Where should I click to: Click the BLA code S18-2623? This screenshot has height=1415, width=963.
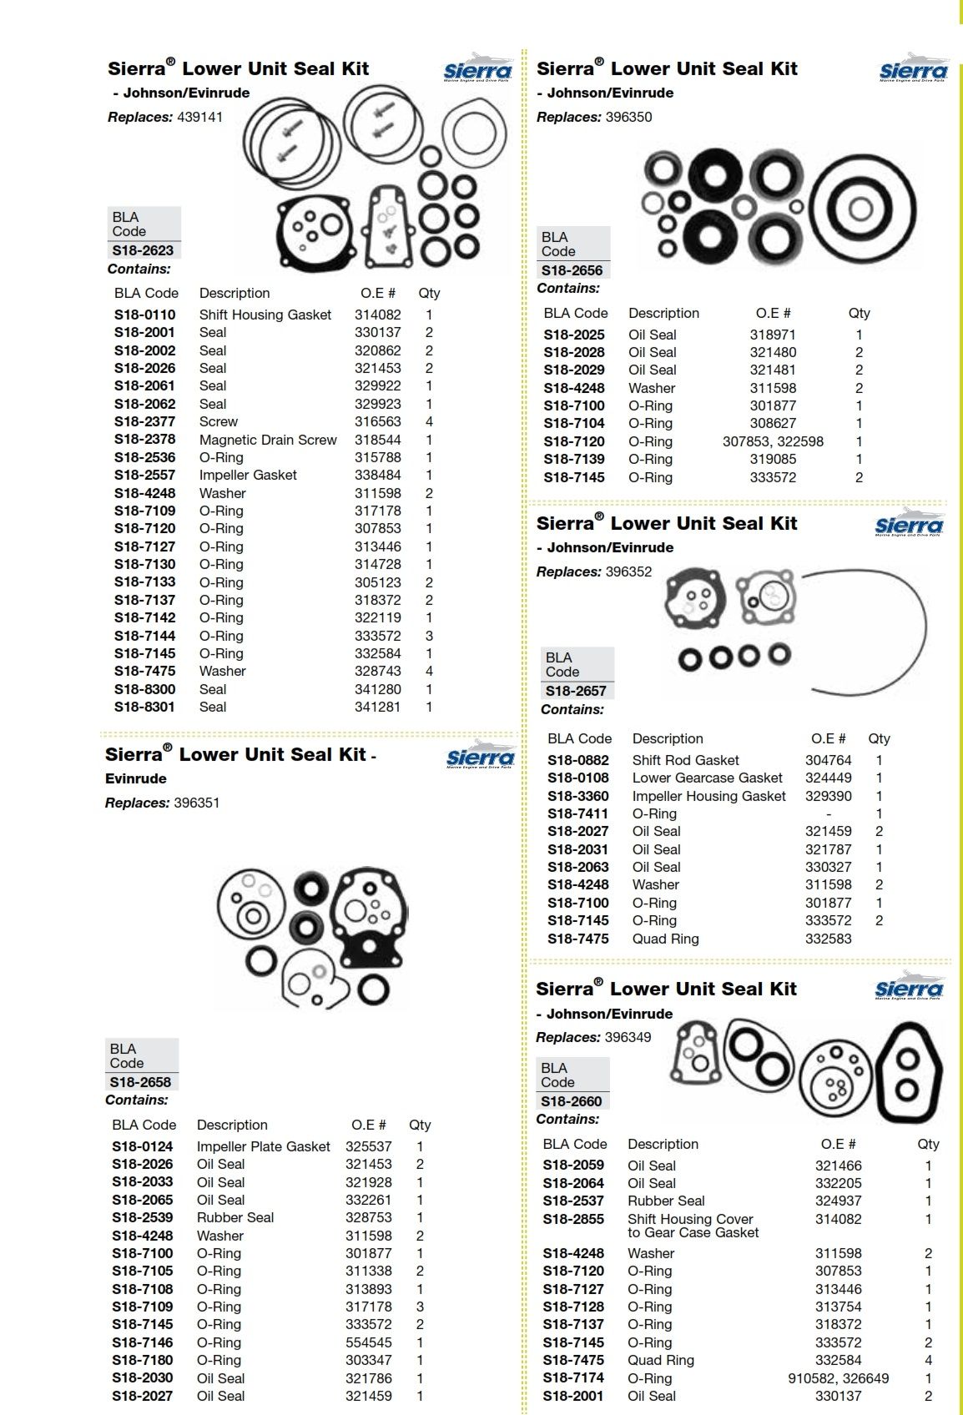click(x=144, y=250)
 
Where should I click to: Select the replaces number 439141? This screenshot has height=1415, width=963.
click(x=199, y=117)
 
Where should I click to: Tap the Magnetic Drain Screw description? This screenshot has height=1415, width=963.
click(x=268, y=440)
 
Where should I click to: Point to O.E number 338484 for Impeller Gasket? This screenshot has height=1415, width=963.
click(x=377, y=475)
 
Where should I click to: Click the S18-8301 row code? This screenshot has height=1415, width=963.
click(x=144, y=707)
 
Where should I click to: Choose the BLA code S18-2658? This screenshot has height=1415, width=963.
click(x=140, y=1082)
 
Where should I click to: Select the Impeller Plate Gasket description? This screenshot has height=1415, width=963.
click(x=263, y=1146)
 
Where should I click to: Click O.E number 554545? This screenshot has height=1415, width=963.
click(x=368, y=1342)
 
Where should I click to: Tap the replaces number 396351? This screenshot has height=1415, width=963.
click(x=196, y=803)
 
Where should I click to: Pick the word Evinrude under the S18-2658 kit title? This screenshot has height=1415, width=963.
click(x=135, y=778)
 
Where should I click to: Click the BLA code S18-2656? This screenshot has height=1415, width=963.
click(x=572, y=270)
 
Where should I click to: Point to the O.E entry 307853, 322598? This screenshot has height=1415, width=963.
click(x=773, y=441)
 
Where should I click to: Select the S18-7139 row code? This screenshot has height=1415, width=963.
click(x=573, y=459)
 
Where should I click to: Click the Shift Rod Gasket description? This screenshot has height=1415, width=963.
click(x=685, y=760)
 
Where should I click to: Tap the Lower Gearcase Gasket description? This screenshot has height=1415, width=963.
click(x=707, y=778)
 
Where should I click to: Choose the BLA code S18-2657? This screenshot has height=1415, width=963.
click(x=576, y=691)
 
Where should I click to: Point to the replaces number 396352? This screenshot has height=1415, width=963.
click(x=628, y=572)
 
